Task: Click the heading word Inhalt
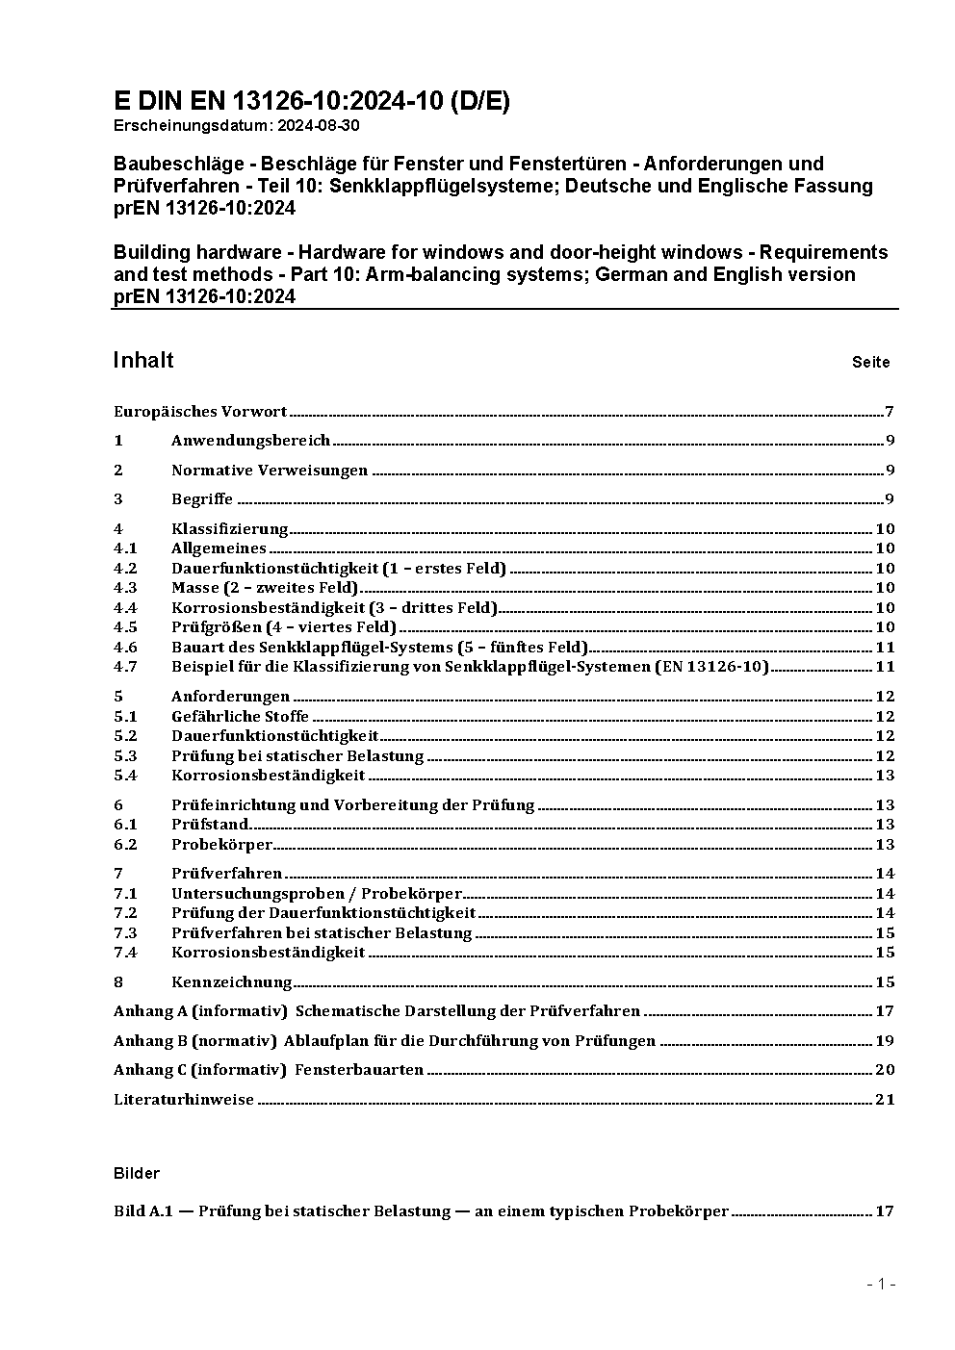pyautogui.click(x=143, y=360)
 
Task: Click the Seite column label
pyautogui.click(x=870, y=363)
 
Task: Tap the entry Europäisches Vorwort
pyautogui.click(x=200, y=412)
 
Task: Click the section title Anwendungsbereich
pyautogui.click(x=250, y=441)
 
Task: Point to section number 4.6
pyautogui.click(x=125, y=648)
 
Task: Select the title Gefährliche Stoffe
pyautogui.click(x=240, y=716)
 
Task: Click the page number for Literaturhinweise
pyautogui.click(x=885, y=1099)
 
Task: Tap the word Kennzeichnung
pyautogui.click(x=231, y=981)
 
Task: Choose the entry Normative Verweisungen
pyautogui.click(x=270, y=471)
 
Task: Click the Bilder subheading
pyautogui.click(x=136, y=1173)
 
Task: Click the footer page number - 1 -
pyautogui.click(x=881, y=1284)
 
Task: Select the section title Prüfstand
pyautogui.click(x=210, y=825)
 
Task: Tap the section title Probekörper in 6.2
pyautogui.click(x=221, y=845)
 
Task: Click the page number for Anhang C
pyautogui.click(x=885, y=1069)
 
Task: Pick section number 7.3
pyautogui.click(x=125, y=932)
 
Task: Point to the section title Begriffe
pyautogui.click(x=202, y=499)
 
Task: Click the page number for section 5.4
pyautogui.click(x=885, y=776)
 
